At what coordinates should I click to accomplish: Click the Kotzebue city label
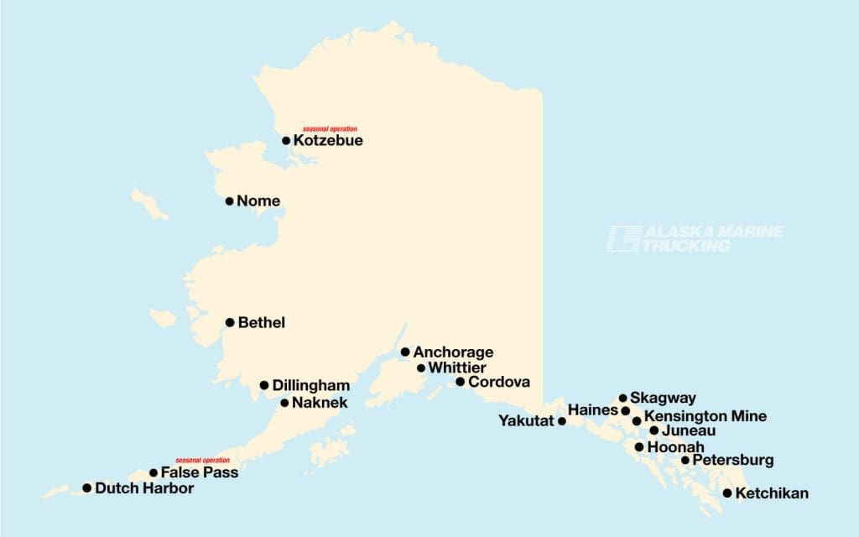(x=328, y=141)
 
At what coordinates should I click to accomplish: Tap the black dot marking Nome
(x=230, y=201)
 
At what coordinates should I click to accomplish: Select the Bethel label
(x=262, y=322)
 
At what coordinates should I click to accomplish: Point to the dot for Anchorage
(x=405, y=352)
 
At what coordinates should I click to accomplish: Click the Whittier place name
(x=457, y=368)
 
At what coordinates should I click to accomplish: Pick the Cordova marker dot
(x=460, y=382)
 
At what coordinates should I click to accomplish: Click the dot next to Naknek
(x=284, y=403)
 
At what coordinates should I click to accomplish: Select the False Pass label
(x=200, y=473)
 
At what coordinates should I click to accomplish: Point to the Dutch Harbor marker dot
(x=86, y=487)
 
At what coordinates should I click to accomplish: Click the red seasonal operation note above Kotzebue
(x=330, y=128)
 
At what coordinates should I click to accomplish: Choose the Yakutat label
(x=526, y=420)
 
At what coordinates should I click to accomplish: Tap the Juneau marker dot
(x=654, y=430)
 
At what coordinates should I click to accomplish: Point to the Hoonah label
(x=676, y=447)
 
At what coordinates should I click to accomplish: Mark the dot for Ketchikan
(x=727, y=493)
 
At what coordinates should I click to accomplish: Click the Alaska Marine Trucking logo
(x=697, y=239)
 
